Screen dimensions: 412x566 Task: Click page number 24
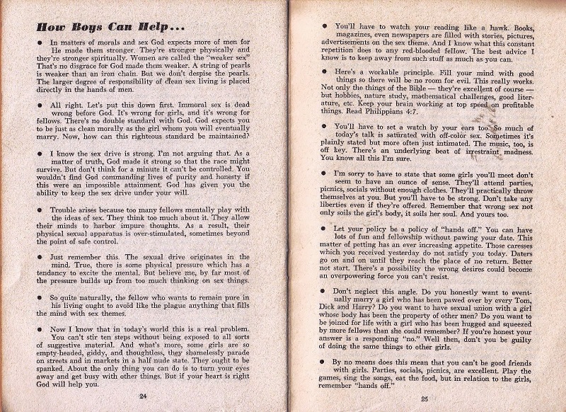pyautogui.click(x=144, y=394)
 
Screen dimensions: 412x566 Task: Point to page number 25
pyautogui.click(x=424, y=397)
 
